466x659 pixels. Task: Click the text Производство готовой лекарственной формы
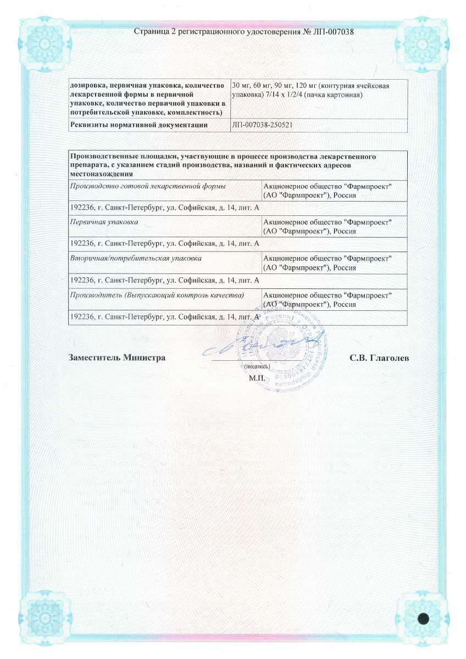(141, 186)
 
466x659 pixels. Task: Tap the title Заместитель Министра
(117, 358)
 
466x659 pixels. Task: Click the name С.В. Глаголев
(379, 358)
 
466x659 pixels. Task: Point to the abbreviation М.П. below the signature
(257, 378)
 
